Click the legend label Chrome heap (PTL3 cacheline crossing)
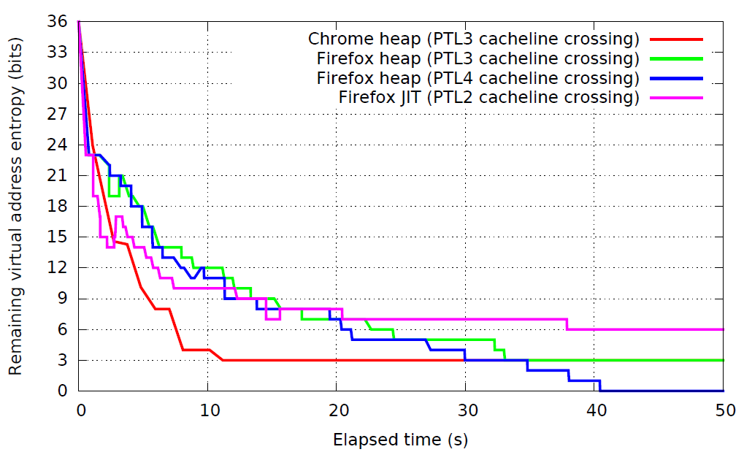point(473,39)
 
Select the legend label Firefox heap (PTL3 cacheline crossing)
point(478,58)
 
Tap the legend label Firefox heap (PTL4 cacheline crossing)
point(478,78)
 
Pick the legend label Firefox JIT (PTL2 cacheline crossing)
point(488,97)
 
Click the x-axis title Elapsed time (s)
point(400,440)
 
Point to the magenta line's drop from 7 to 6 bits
point(567,324)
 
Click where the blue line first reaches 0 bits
point(601,391)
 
